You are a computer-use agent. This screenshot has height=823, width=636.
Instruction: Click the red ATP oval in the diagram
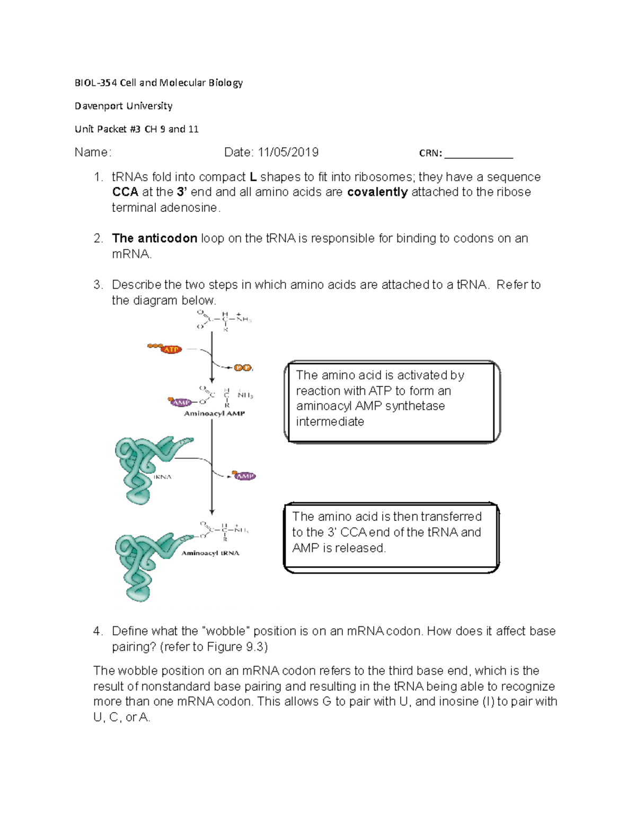click(x=171, y=349)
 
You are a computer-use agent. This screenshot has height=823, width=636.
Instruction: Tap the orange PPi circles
click(x=243, y=368)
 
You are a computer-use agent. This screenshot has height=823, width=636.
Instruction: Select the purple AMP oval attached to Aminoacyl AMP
click(x=181, y=402)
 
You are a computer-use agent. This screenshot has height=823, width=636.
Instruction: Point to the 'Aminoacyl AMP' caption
click(x=214, y=413)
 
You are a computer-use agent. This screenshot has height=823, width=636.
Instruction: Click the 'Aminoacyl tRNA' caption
click(x=210, y=553)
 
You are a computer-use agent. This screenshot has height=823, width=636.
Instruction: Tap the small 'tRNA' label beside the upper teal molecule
click(x=162, y=477)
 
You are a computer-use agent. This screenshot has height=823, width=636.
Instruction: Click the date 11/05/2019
click(x=288, y=153)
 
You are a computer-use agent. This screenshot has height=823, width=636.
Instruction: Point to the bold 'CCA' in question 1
click(x=125, y=192)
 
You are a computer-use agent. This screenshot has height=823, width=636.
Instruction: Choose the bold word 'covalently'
click(x=377, y=192)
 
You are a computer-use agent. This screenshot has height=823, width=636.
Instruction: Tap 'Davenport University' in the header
click(x=123, y=106)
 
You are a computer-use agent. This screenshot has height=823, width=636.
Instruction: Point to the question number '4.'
click(x=98, y=631)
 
